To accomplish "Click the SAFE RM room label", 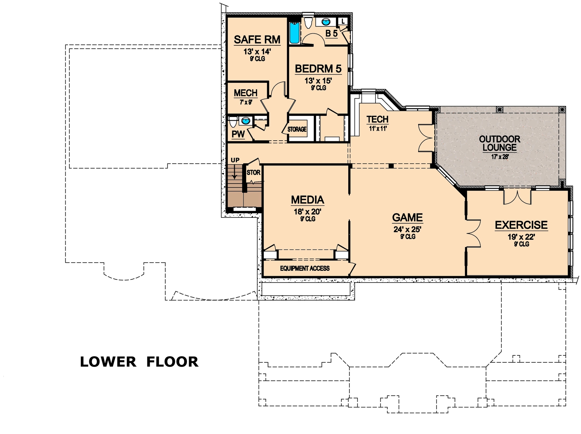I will click(257, 40).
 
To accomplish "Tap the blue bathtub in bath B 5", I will click(294, 33).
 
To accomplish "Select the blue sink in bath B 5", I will click(326, 22).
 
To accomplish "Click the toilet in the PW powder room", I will click(233, 122).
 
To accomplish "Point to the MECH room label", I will click(245, 93).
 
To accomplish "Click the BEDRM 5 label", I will click(318, 69).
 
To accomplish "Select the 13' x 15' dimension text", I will click(318, 81).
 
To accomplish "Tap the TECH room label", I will click(377, 119).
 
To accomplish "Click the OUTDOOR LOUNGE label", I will click(499, 143).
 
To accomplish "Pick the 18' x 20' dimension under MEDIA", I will click(307, 211).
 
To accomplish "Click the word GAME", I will click(407, 217).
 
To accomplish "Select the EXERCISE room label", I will click(521, 225).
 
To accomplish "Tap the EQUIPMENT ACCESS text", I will click(304, 268).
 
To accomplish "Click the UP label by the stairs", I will click(235, 160).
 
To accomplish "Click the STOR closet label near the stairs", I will click(253, 172).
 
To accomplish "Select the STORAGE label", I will click(297, 129).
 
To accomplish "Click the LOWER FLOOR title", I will click(139, 362).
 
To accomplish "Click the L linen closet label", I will click(343, 21).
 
